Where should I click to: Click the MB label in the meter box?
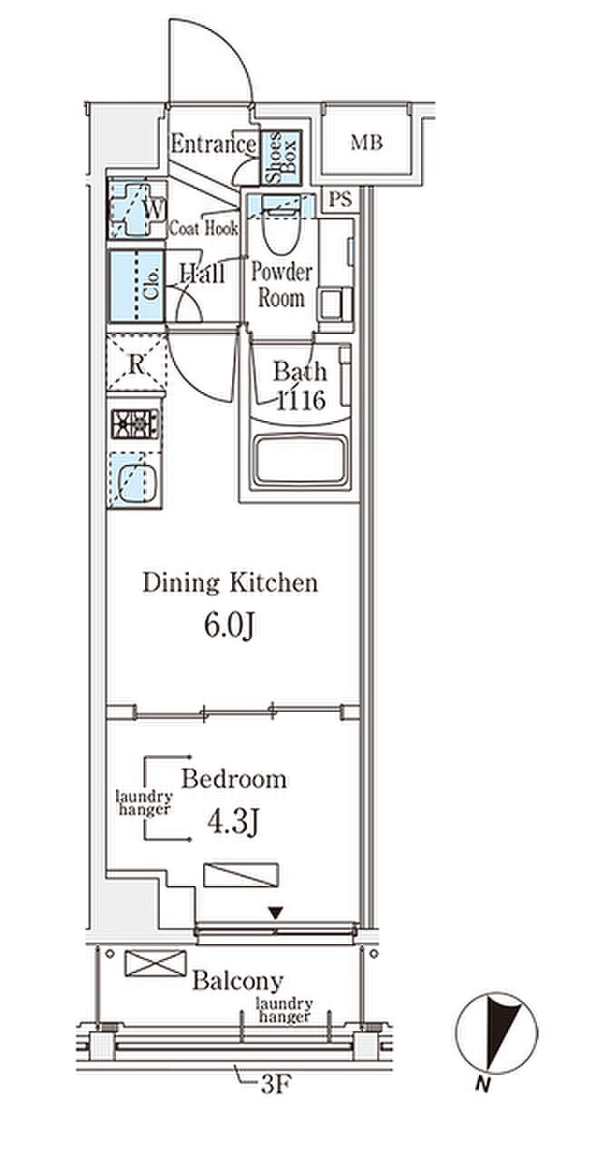point(367,143)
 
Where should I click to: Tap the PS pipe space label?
point(340,199)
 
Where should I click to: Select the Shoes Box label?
point(280,157)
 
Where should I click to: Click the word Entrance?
point(213,144)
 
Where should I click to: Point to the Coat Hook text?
point(203,228)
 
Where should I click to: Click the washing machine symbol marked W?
point(137,210)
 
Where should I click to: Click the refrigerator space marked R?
point(137,363)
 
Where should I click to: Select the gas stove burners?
point(135,424)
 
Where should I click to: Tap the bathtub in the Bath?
point(299,461)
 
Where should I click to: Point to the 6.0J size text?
point(229,627)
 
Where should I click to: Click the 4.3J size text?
point(232,822)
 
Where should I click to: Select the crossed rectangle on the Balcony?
point(155,963)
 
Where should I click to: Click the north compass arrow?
point(502,1026)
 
